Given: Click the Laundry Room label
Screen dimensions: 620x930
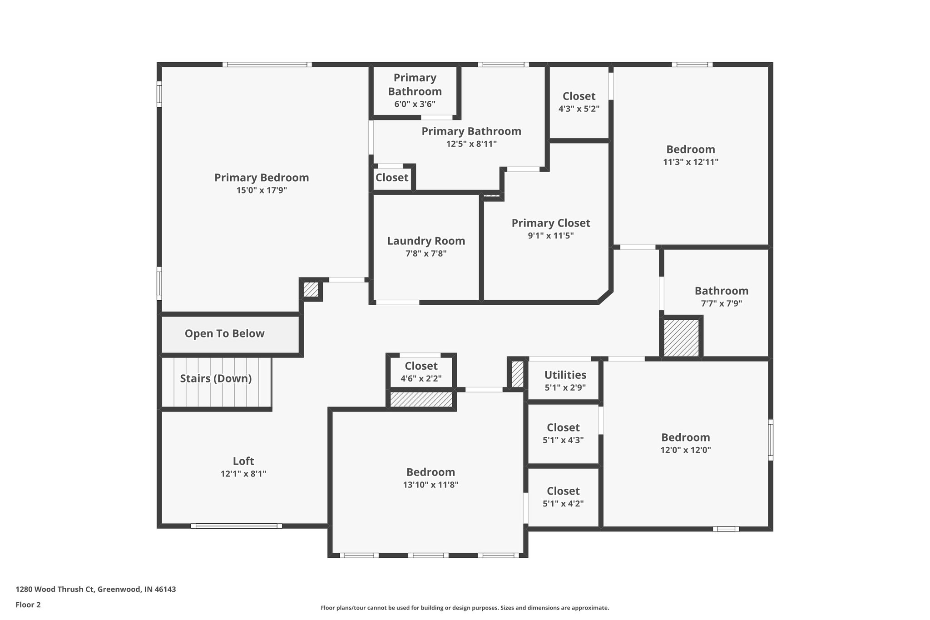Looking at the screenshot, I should tap(426, 241).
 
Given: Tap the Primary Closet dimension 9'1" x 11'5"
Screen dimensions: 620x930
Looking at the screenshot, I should tap(550, 236).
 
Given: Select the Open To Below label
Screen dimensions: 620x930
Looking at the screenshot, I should tap(224, 334).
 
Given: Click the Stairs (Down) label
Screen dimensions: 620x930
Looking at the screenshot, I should tap(216, 379).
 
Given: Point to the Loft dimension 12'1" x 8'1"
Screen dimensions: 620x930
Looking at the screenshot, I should tap(243, 474).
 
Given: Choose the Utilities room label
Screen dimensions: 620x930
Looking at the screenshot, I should tap(565, 375).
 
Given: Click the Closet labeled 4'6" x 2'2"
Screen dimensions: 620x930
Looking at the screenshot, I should tap(421, 366).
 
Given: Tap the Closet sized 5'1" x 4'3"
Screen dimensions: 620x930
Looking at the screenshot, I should tap(563, 428).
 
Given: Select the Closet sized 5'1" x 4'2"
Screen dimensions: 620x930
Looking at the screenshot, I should tap(563, 491).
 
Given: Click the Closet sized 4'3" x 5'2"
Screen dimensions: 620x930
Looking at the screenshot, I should tap(579, 96).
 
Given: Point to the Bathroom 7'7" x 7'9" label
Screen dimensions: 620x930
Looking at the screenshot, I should tap(721, 291).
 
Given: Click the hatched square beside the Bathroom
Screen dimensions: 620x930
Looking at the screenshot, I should tap(681, 338).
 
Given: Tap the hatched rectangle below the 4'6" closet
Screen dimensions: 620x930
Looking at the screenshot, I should tap(421, 400).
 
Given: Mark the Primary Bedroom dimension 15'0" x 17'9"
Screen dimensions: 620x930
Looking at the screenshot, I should tap(262, 190).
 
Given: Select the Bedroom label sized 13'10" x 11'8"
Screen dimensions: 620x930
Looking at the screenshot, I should tap(430, 472).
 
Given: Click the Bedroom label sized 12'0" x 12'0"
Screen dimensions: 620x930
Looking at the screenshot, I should tap(685, 438).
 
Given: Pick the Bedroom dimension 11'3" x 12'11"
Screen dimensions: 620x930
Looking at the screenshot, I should tap(690, 162).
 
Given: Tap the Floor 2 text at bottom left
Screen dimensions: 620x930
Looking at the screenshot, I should tap(28, 605).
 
